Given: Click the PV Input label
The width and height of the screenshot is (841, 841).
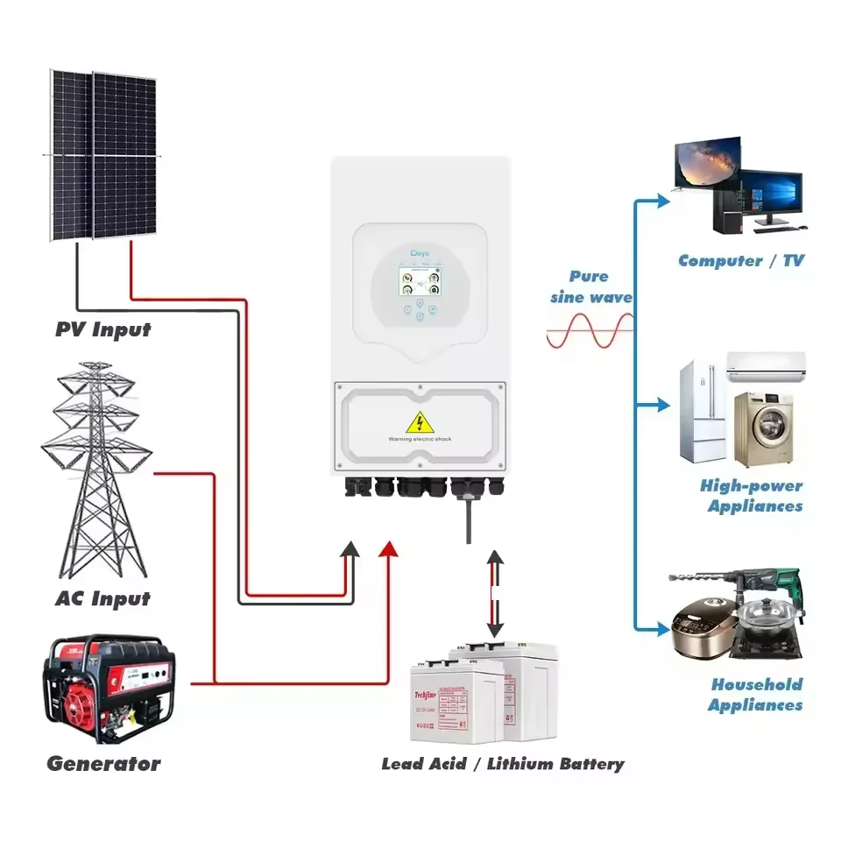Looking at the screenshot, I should [102, 330].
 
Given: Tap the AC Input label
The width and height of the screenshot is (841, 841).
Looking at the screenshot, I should [102, 599].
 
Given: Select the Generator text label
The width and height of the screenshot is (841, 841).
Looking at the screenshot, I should [103, 763].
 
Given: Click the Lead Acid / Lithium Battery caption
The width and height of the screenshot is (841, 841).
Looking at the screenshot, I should [503, 764].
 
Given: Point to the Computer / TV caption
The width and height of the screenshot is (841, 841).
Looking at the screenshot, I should [740, 260].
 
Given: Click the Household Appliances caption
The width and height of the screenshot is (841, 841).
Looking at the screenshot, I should [756, 695].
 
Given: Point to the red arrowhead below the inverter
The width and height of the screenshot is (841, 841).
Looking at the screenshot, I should [388, 549].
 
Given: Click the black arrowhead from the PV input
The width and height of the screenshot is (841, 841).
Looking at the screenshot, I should [350, 549].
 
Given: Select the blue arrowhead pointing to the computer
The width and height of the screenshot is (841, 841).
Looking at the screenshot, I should [659, 200].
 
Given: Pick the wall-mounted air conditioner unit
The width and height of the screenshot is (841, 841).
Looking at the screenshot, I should [766, 366].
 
